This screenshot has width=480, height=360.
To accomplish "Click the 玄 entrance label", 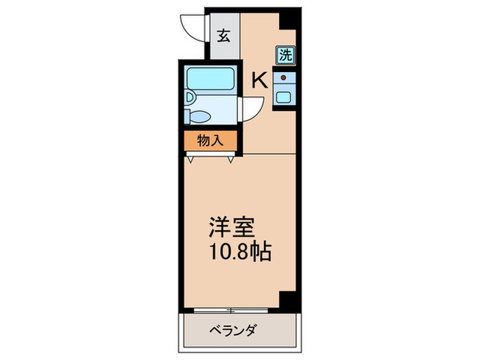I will tap(224, 36).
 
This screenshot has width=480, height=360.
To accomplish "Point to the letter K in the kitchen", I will tap(259, 81).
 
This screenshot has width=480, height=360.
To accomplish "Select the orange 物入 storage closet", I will tap(210, 141).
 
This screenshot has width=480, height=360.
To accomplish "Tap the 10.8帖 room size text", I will tap(240, 251).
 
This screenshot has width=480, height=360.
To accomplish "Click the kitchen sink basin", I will tap(284, 97).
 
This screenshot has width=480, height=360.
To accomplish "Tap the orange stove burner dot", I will tap(284, 78).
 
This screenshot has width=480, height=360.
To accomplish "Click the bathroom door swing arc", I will tap(251, 109).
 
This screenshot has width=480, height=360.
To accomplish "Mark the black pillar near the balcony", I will tap(288, 300).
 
